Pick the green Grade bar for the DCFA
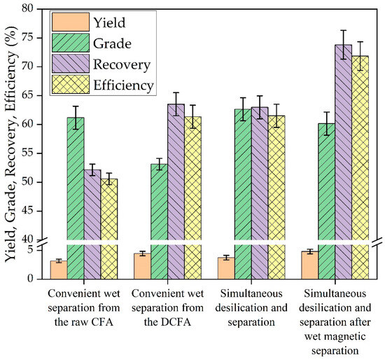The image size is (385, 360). coord(158,210)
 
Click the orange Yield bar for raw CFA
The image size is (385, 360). coord(58,270)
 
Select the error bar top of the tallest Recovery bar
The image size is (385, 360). coord(342,30)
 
